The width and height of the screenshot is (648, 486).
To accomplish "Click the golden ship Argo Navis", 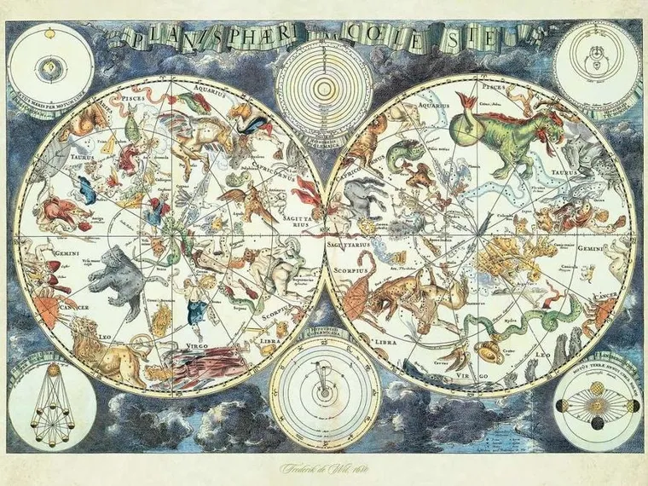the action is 503,256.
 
